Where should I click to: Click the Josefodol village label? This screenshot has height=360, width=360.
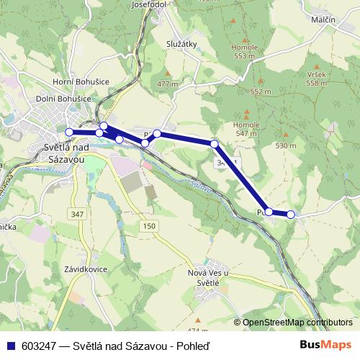pos(150,4)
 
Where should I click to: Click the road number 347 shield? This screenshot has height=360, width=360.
pos(78,215)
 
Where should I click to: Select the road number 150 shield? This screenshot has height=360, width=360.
pos(148,227)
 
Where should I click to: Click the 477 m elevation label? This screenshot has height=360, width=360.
pos(167,84)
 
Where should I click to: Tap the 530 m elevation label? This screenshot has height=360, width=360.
pos(285,145)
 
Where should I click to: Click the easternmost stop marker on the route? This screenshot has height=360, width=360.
pos(291,214)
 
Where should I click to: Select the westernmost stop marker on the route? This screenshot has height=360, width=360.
pos(69,132)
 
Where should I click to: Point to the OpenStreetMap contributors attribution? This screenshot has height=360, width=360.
pos(297,322)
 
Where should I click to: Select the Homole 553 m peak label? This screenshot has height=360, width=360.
pos(245,51)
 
